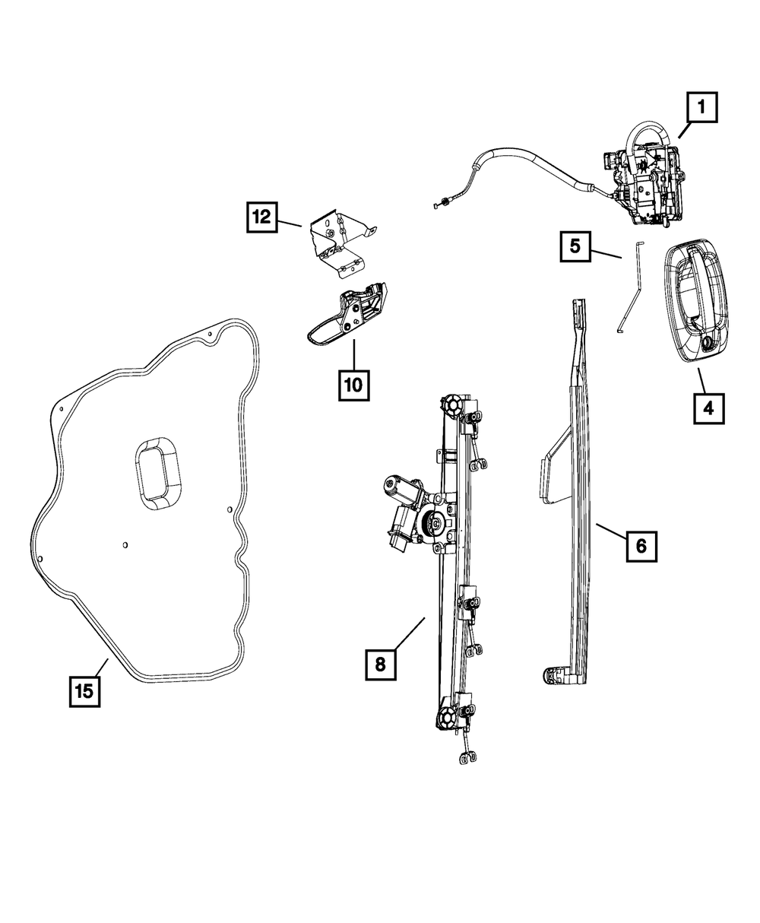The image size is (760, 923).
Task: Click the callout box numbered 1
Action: pyautogui.click(x=702, y=109)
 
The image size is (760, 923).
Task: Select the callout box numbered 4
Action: pyautogui.click(x=708, y=409)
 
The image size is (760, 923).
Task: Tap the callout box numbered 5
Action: pyautogui.click(x=575, y=246)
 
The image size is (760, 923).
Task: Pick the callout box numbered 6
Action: pyautogui.click(x=641, y=545)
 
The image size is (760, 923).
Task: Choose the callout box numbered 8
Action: pyautogui.click(x=380, y=664)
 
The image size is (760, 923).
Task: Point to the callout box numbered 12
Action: pyautogui.click(x=261, y=217)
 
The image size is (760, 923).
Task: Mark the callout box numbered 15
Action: pyautogui.click(x=84, y=692)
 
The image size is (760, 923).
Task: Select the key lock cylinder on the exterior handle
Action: pyautogui.click(x=707, y=345)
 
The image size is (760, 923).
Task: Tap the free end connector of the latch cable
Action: pyautogui.click(x=440, y=202)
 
